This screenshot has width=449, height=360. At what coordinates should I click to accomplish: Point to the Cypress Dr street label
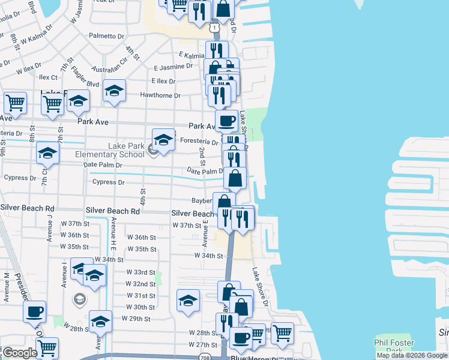point(109,182)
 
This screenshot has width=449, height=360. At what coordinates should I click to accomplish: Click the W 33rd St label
point(140,272)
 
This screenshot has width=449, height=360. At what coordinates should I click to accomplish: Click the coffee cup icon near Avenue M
point(34,311)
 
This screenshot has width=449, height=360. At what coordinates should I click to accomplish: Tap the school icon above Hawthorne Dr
point(114,90)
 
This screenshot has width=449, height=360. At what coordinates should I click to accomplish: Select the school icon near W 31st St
point(188,300)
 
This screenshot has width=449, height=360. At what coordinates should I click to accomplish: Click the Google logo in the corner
point(20,353)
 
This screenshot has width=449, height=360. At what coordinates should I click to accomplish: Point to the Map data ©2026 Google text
point(412,355)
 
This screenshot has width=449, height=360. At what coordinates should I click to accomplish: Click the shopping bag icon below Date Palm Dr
point(235,178)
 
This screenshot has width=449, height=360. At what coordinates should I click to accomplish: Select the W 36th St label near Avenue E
point(142,238)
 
